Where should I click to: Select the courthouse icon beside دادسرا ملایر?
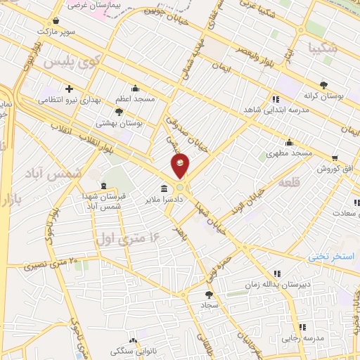click(x=164, y=188)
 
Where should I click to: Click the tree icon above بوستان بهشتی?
click(x=120, y=111)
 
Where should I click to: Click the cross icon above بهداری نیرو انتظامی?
click(x=69, y=89)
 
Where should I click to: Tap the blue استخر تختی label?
click(x=333, y=257)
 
